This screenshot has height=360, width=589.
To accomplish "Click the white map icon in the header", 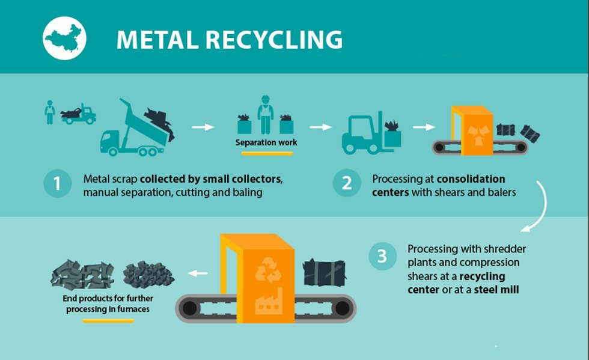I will (65, 38).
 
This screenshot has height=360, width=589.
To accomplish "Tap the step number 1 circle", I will (58, 184).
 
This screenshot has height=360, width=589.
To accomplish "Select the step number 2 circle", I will (347, 184).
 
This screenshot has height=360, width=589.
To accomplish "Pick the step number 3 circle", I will (382, 256).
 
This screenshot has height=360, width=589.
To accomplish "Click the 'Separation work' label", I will (266, 142).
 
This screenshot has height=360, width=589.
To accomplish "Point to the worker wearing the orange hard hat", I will (265, 114).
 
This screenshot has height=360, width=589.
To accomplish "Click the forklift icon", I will (361, 133).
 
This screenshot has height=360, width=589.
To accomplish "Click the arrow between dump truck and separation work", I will (203, 127).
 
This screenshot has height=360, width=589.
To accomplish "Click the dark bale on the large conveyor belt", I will (324, 274).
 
